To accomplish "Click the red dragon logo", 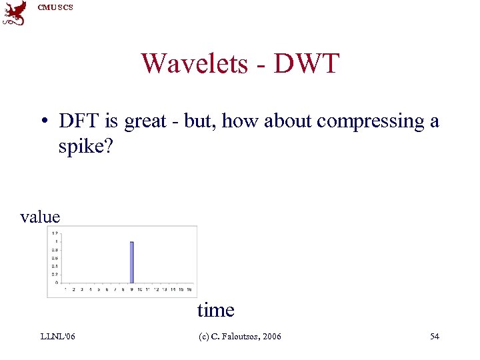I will tap(15, 13).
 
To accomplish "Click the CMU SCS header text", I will tap(56, 7).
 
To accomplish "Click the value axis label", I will tap(40, 217).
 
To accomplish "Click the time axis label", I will tap(215, 310).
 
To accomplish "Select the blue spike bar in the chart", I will tap(132, 262).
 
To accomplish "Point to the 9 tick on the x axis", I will tap(132, 289).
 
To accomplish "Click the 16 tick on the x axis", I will tap(190, 289).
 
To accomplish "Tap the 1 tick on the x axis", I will tap(65, 289).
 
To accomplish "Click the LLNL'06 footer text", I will tap(57, 337).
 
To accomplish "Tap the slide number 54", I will tap(434, 337).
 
